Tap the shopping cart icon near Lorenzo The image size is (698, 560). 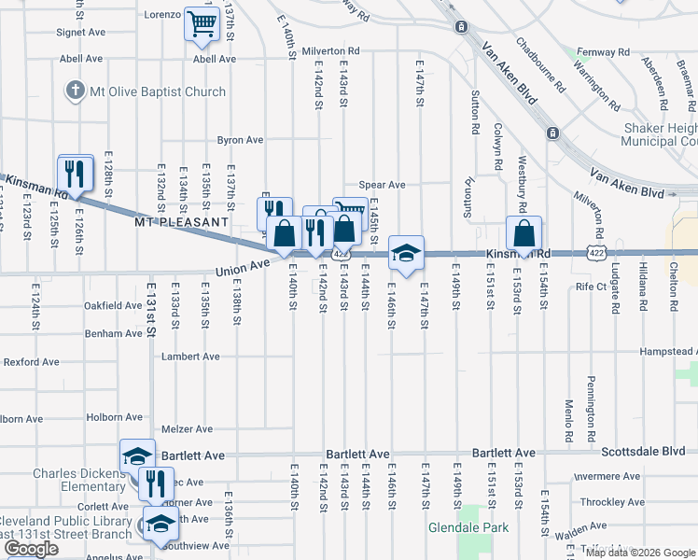(x=202, y=25)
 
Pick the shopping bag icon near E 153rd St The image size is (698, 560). (x=524, y=233)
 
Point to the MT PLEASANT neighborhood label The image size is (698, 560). (x=181, y=223)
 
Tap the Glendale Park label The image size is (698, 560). (x=468, y=527)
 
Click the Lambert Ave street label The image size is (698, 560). (x=190, y=357)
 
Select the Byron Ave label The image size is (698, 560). (x=240, y=140)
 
